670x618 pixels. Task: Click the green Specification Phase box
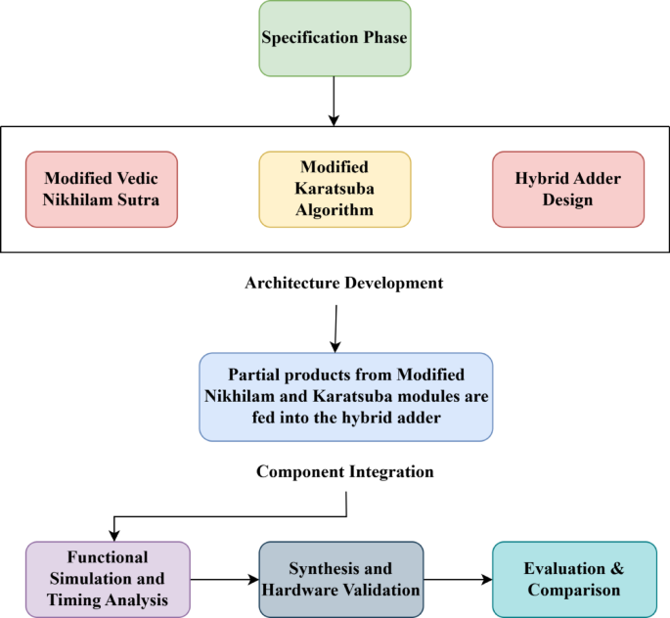(x=335, y=38)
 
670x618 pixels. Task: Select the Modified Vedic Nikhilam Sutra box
(x=102, y=189)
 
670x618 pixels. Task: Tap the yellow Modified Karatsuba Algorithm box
(x=335, y=189)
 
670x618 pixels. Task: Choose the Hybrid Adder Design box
(x=568, y=189)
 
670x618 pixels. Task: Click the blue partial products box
(x=346, y=397)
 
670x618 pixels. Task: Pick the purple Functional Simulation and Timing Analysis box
(x=108, y=579)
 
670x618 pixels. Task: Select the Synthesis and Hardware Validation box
(x=340, y=579)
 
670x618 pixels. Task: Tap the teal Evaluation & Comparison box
(x=573, y=579)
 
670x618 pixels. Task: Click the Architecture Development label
(x=345, y=284)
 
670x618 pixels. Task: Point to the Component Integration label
(x=344, y=471)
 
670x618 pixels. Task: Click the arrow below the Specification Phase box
(x=335, y=101)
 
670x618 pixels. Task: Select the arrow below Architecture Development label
(x=335, y=328)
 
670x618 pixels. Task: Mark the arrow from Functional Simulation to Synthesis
(x=224, y=580)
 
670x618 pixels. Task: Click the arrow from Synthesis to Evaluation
(x=457, y=580)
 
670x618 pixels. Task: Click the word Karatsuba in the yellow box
(x=335, y=188)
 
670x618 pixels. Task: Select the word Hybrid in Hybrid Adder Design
(x=540, y=179)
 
